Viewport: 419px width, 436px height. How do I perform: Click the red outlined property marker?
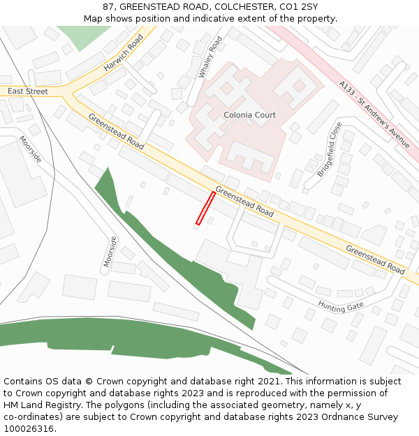[205, 208]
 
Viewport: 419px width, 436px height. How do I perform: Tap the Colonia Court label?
[249, 115]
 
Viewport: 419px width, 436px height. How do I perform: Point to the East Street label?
[28, 91]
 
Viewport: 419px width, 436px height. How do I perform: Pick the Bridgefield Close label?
[330, 149]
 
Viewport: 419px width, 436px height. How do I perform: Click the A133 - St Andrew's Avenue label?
[374, 114]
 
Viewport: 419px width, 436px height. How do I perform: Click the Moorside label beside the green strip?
[108, 250]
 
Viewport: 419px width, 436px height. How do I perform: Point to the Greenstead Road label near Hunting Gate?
[375, 260]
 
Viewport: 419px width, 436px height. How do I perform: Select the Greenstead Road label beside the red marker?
[244, 201]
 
